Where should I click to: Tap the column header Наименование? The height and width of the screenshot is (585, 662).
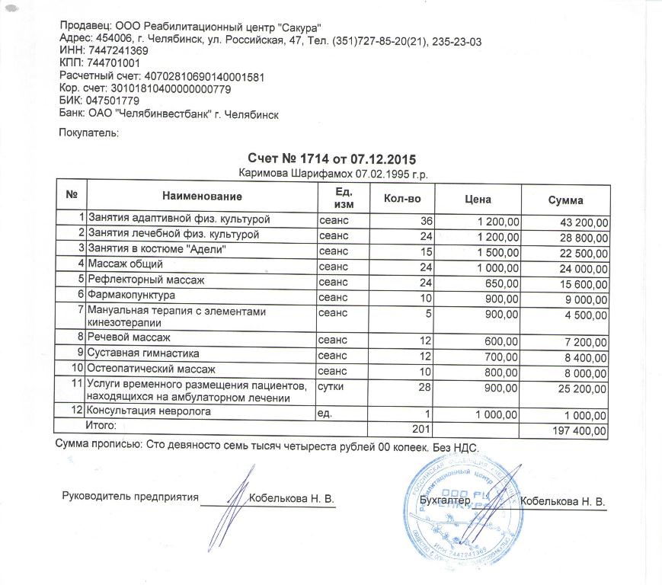[x=201, y=200]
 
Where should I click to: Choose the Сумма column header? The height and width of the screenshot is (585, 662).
[x=565, y=200]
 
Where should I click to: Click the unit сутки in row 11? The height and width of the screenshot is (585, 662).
[x=332, y=387]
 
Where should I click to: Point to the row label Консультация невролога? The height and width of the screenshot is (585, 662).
[x=149, y=413]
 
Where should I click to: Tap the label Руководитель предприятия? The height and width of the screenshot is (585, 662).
[x=130, y=498]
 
